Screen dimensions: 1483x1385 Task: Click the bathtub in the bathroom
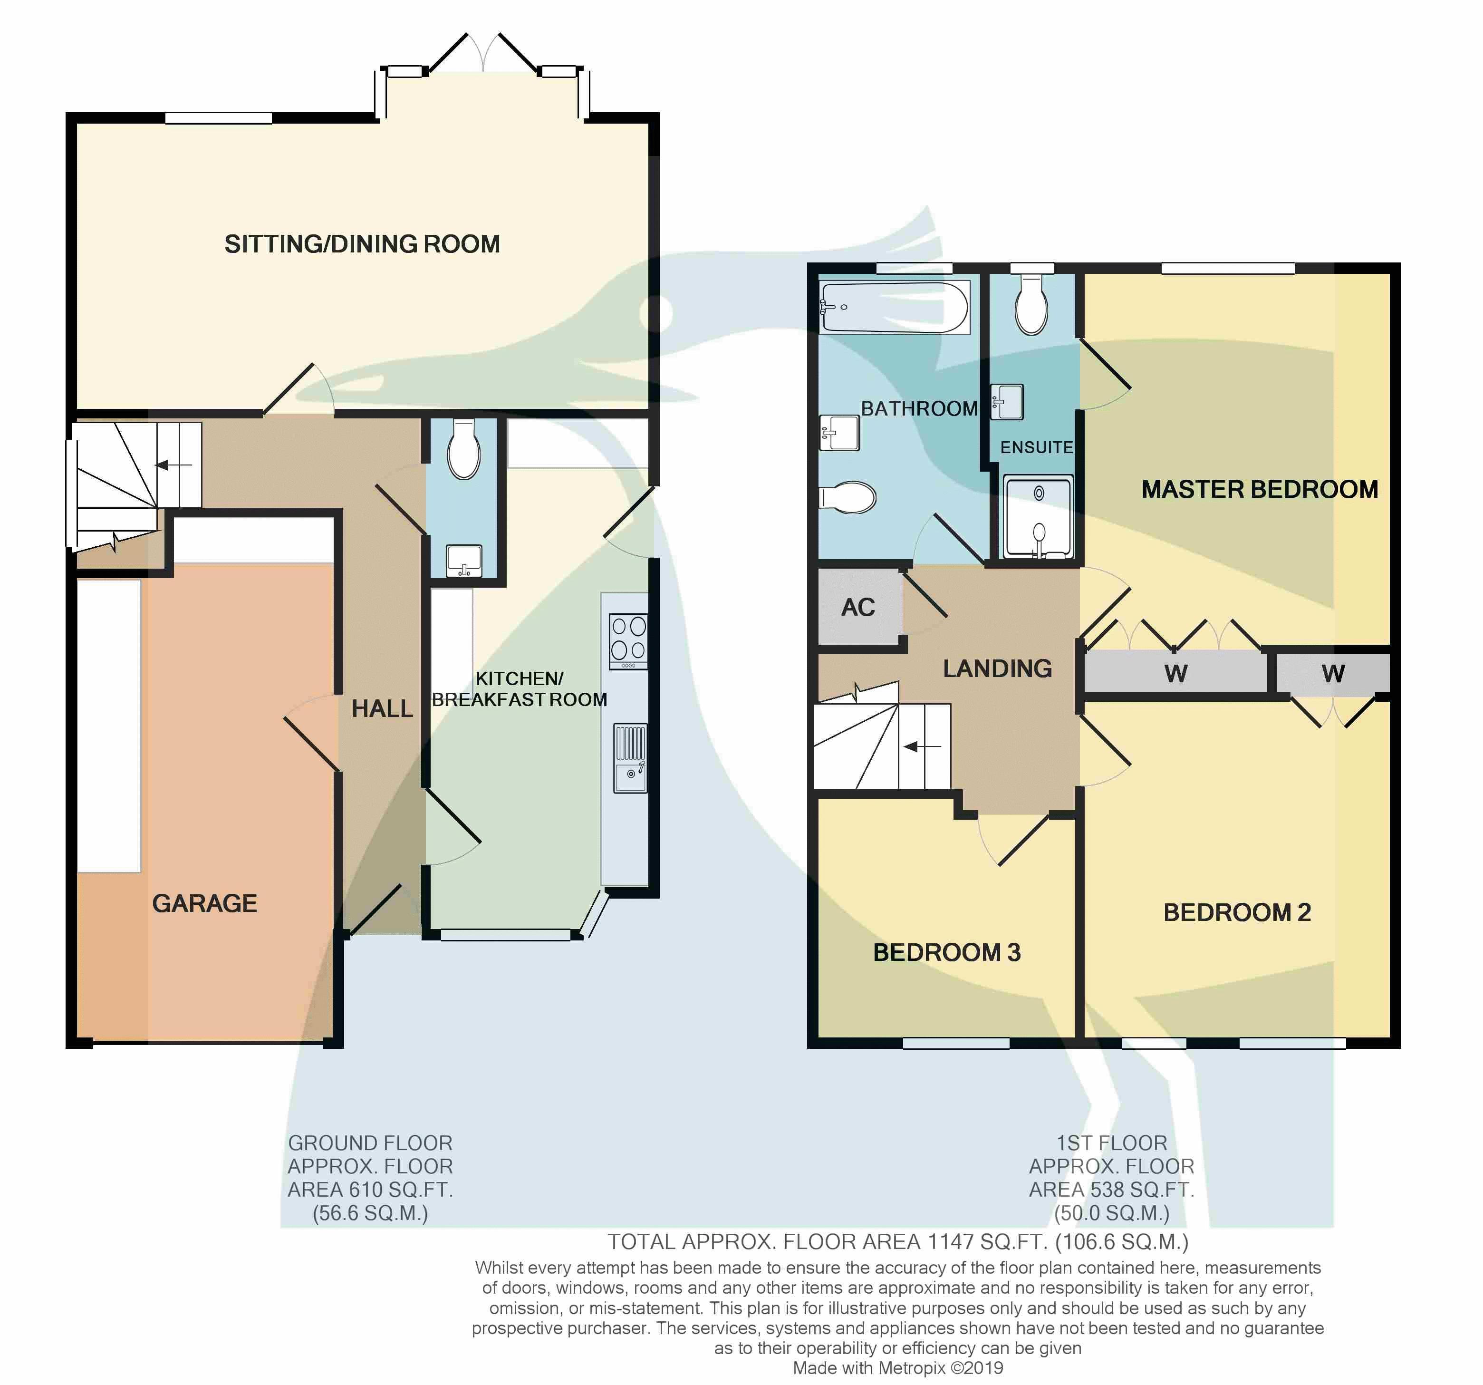(x=895, y=307)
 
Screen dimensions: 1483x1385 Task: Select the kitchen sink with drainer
(x=630, y=757)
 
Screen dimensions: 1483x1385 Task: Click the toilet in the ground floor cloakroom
(x=463, y=448)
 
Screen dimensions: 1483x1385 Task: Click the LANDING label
(x=997, y=668)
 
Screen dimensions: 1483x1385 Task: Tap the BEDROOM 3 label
(x=947, y=953)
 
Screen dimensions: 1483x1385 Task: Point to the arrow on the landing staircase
(x=923, y=746)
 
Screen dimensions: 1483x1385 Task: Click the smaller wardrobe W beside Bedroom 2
(x=1333, y=674)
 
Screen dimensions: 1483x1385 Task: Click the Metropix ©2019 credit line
(x=898, y=1368)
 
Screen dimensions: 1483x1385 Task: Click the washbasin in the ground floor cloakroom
(x=464, y=561)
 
